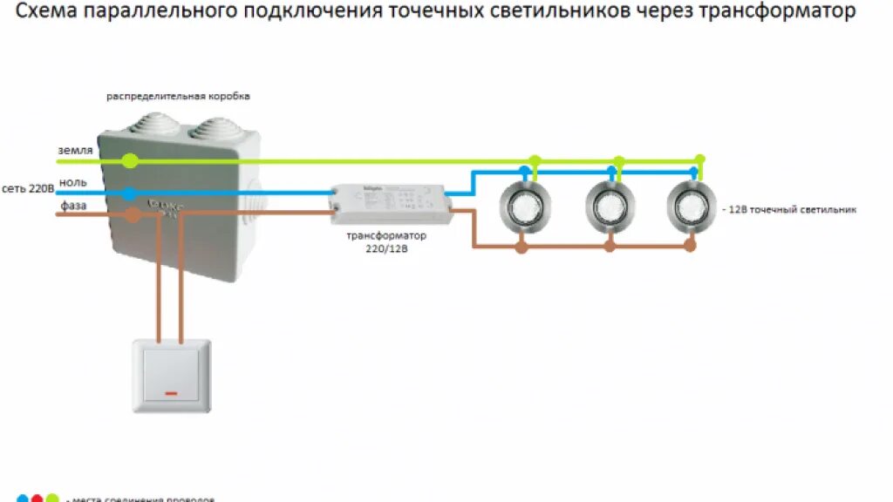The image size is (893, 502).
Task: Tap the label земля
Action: pyautogui.click(x=75, y=151)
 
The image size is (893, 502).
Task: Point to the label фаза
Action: pyautogui.click(x=74, y=205)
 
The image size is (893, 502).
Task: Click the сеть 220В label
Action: pyautogui.click(x=28, y=188)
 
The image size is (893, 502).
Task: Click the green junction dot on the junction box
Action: pyautogui.click(x=130, y=160)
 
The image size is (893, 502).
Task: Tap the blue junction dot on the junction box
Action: pyautogui.click(x=129, y=194)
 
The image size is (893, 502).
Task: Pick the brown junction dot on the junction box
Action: pyautogui.click(x=133, y=214)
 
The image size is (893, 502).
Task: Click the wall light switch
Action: pyautogui.click(x=171, y=375)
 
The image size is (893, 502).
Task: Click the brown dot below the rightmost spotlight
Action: pyautogui.click(x=690, y=247)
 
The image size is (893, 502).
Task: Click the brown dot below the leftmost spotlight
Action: pyautogui.click(x=521, y=247)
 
